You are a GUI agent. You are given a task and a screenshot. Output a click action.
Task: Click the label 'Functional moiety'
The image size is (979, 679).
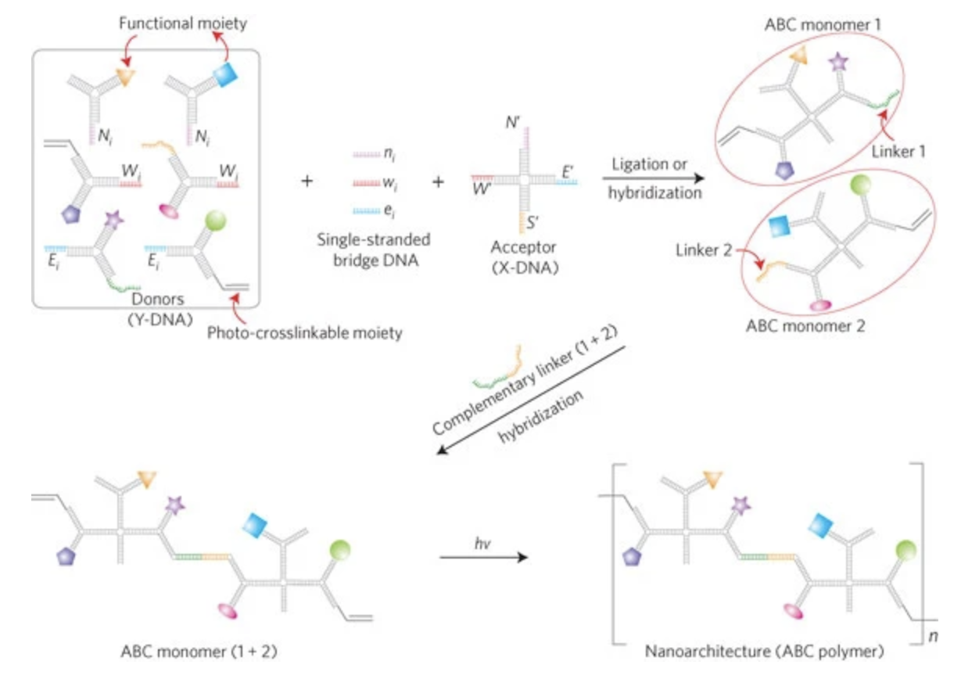182,23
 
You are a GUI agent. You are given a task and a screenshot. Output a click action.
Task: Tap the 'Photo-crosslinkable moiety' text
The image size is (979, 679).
305,333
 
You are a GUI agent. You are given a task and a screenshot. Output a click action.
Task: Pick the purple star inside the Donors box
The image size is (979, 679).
114,221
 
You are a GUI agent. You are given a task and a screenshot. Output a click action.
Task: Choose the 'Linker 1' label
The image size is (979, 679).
900,151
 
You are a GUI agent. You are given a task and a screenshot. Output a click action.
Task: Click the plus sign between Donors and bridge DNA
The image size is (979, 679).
307,181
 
